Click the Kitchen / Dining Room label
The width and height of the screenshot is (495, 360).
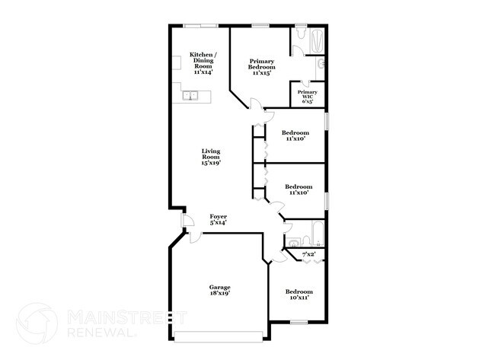202,63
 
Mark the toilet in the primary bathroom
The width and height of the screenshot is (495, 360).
321,64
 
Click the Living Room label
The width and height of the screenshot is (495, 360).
211,157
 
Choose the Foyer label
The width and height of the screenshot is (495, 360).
219,219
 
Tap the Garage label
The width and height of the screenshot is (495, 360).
220,287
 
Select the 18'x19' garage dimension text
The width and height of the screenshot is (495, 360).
220,293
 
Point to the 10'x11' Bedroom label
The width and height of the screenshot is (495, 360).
299,295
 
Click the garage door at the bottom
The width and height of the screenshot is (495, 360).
219,335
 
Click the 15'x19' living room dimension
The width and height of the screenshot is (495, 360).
211,163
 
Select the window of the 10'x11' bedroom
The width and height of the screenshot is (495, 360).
299,322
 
